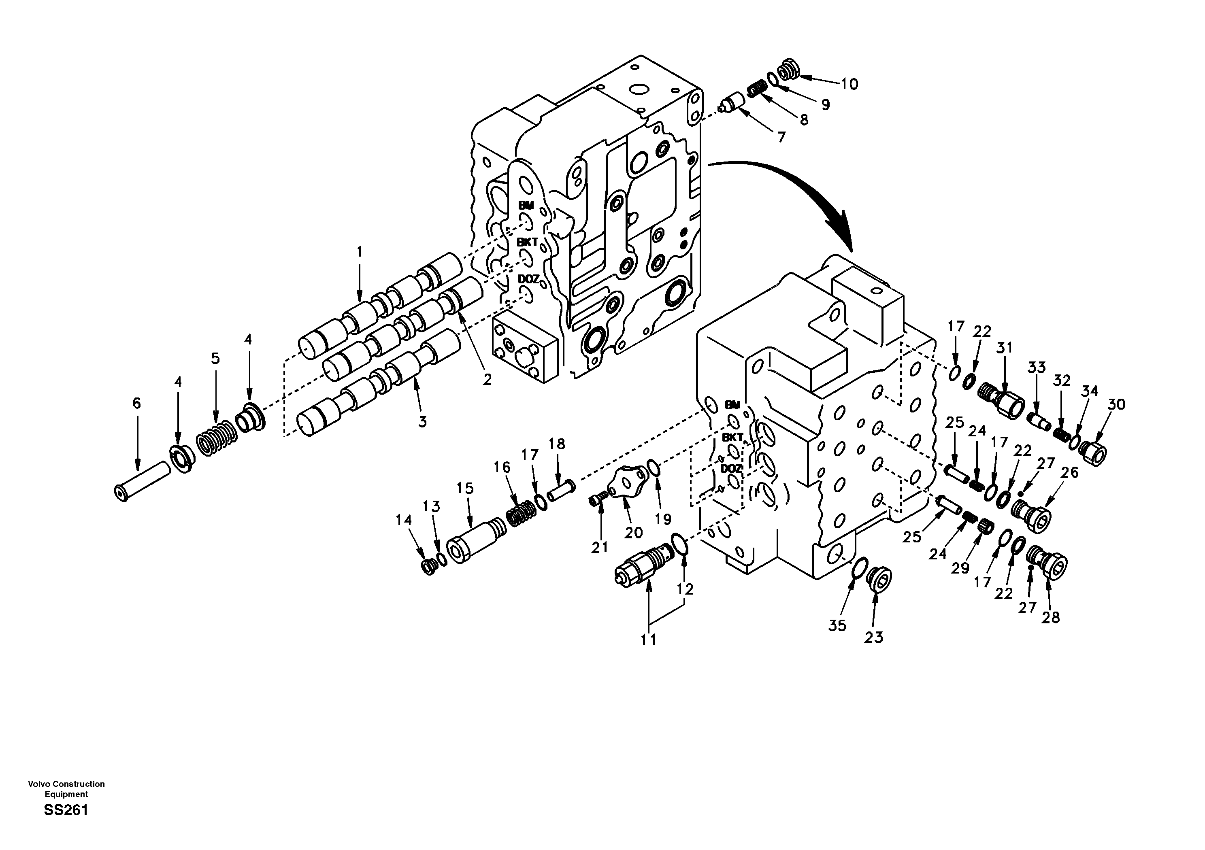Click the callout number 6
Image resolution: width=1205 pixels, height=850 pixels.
click(136, 403)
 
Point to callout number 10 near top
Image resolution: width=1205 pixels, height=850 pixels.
click(849, 84)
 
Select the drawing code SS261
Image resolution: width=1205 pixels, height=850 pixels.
click(66, 811)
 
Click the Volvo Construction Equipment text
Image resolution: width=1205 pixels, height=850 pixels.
click(66, 788)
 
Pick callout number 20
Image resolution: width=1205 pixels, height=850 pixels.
click(633, 533)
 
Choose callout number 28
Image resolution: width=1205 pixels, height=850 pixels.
click(1051, 618)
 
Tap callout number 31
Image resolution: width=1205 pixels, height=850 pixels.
click(1005, 348)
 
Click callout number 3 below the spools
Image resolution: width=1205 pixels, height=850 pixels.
click(422, 421)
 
